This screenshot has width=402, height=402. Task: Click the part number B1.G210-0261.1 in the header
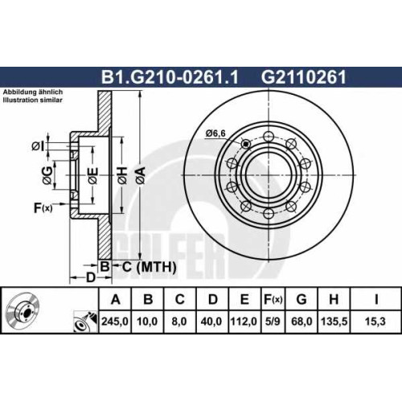(170, 77)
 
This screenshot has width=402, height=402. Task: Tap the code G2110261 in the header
(304, 77)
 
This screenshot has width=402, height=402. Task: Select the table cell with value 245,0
(115, 322)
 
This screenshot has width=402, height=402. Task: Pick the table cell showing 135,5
(334, 322)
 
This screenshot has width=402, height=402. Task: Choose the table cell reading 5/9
(273, 322)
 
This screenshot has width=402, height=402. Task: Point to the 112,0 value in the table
(244, 322)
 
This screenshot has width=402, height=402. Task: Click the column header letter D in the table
(213, 299)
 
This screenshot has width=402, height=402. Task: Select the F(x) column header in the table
(273, 299)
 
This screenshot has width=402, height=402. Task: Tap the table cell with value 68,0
(301, 322)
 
